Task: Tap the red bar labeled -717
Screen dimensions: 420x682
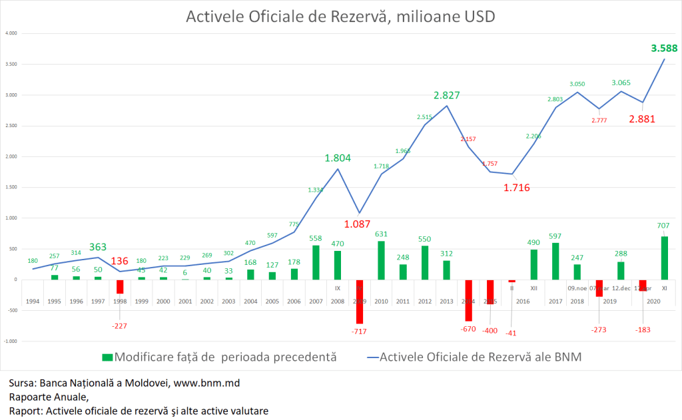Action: pos(360,301)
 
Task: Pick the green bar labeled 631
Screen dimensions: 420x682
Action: pos(381,260)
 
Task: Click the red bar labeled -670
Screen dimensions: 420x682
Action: pos(468,300)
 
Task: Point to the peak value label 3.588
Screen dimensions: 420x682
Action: pos(664,48)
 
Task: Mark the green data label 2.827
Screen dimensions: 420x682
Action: pos(446,95)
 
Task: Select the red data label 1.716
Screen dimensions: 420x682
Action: pos(517,188)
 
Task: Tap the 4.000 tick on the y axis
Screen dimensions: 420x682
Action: pos(11,33)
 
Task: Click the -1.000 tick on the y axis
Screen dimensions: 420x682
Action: pos(11,341)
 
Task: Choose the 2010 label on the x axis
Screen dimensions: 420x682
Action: pos(381,301)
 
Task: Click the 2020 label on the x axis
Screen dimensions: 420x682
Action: pos(653,301)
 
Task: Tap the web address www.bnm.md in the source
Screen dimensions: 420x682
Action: pos(207,383)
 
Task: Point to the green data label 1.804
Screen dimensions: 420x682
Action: pos(338,158)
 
